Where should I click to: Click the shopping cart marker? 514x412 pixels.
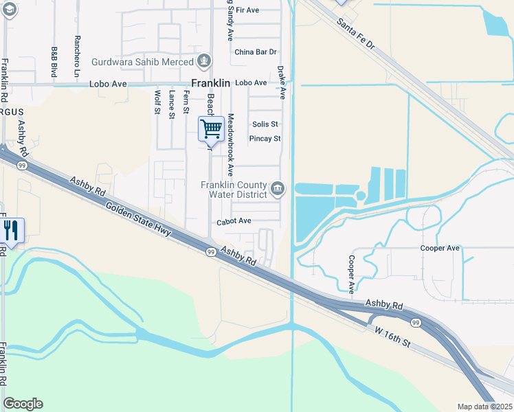[x=211, y=129]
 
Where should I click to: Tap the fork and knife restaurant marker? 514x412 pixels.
[x=12, y=230]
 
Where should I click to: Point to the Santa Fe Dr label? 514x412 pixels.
[x=357, y=34]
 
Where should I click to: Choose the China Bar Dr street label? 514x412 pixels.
[x=255, y=52]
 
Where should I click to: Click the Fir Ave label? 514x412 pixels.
[x=247, y=10]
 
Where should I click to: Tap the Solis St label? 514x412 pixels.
[x=265, y=124]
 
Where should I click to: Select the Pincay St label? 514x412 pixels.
[x=265, y=139]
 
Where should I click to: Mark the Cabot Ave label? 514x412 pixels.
[x=234, y=222]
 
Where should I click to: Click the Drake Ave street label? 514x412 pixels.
[x=281, y=82]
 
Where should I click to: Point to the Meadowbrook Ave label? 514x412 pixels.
[x=232, y=144]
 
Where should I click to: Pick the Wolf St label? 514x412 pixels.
[x=157, y=103]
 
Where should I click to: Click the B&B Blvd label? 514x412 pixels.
[x=54, y=61]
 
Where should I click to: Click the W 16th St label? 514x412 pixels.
[x=392, y=339]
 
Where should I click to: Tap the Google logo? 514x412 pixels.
[x=23, y=404]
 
